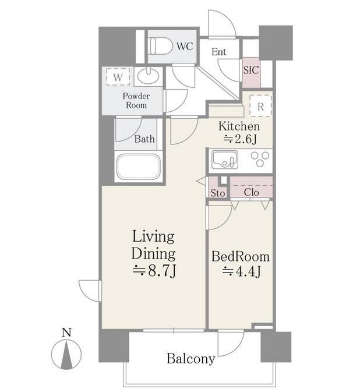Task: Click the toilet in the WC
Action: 161,46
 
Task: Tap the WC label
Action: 185,47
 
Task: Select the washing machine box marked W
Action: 118,77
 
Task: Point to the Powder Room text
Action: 136,101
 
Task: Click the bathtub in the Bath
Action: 139,167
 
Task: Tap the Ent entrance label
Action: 219,52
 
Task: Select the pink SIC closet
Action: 251,72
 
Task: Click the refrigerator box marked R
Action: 260,105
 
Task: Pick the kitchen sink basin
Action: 224,160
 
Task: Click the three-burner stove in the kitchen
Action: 260,159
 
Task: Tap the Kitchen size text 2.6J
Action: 240,139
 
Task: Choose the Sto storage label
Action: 218,193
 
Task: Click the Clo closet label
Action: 251,192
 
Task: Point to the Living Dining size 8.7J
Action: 154,271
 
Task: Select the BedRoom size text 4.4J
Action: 241,271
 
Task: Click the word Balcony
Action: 191,359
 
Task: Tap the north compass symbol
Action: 66,354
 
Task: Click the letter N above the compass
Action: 66,333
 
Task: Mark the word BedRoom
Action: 241,257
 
